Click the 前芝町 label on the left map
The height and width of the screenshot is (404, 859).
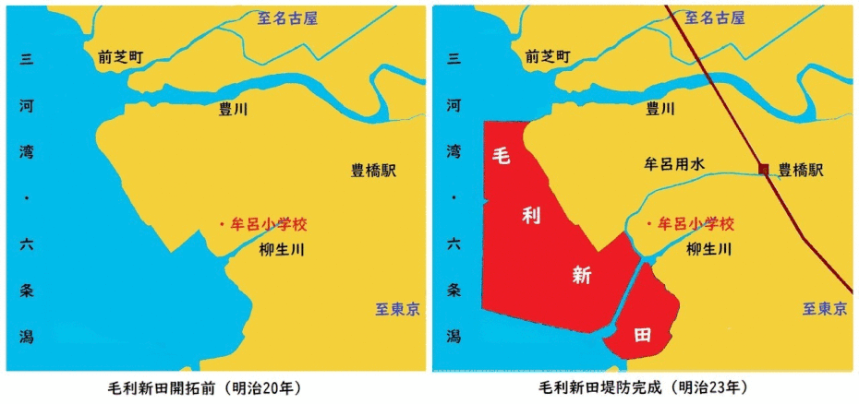[x=121, y=56]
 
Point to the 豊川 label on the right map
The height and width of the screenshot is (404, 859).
[x=659, y=109]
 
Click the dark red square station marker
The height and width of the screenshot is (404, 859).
[x=763, y=169]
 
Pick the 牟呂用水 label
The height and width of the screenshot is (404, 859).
[x=673, y=163]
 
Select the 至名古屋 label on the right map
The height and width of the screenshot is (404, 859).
[x=713, y=18]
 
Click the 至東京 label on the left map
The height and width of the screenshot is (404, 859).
[x=393, y=309]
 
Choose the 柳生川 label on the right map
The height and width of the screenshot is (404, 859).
[x=709, y=249]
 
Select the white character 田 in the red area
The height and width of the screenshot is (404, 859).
[x=642, y=335]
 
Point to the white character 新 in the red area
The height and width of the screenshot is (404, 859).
[x=581, y=274]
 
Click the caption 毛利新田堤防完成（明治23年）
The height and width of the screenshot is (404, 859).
[x=644, y=386]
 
